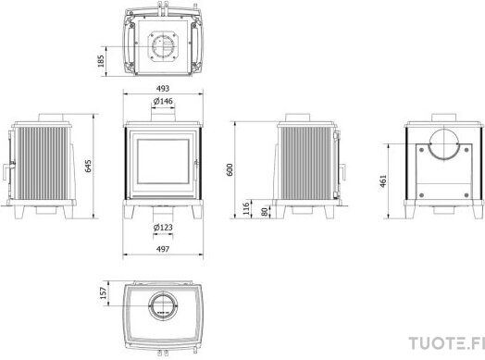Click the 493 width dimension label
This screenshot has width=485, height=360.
coord(163,89)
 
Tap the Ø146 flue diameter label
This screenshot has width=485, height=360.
coord(163,101)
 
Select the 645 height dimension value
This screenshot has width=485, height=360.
coord(88,166)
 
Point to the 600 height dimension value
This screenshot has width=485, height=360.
coord(230,169)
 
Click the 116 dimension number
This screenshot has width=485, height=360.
coord(246,208)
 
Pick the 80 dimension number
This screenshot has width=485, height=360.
coord(265,212)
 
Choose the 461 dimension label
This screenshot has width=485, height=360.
coord(383,181)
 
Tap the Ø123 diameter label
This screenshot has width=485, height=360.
coord(163,228)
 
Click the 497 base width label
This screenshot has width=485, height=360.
coord(163,249)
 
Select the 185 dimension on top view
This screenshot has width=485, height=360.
coord(101,61)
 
